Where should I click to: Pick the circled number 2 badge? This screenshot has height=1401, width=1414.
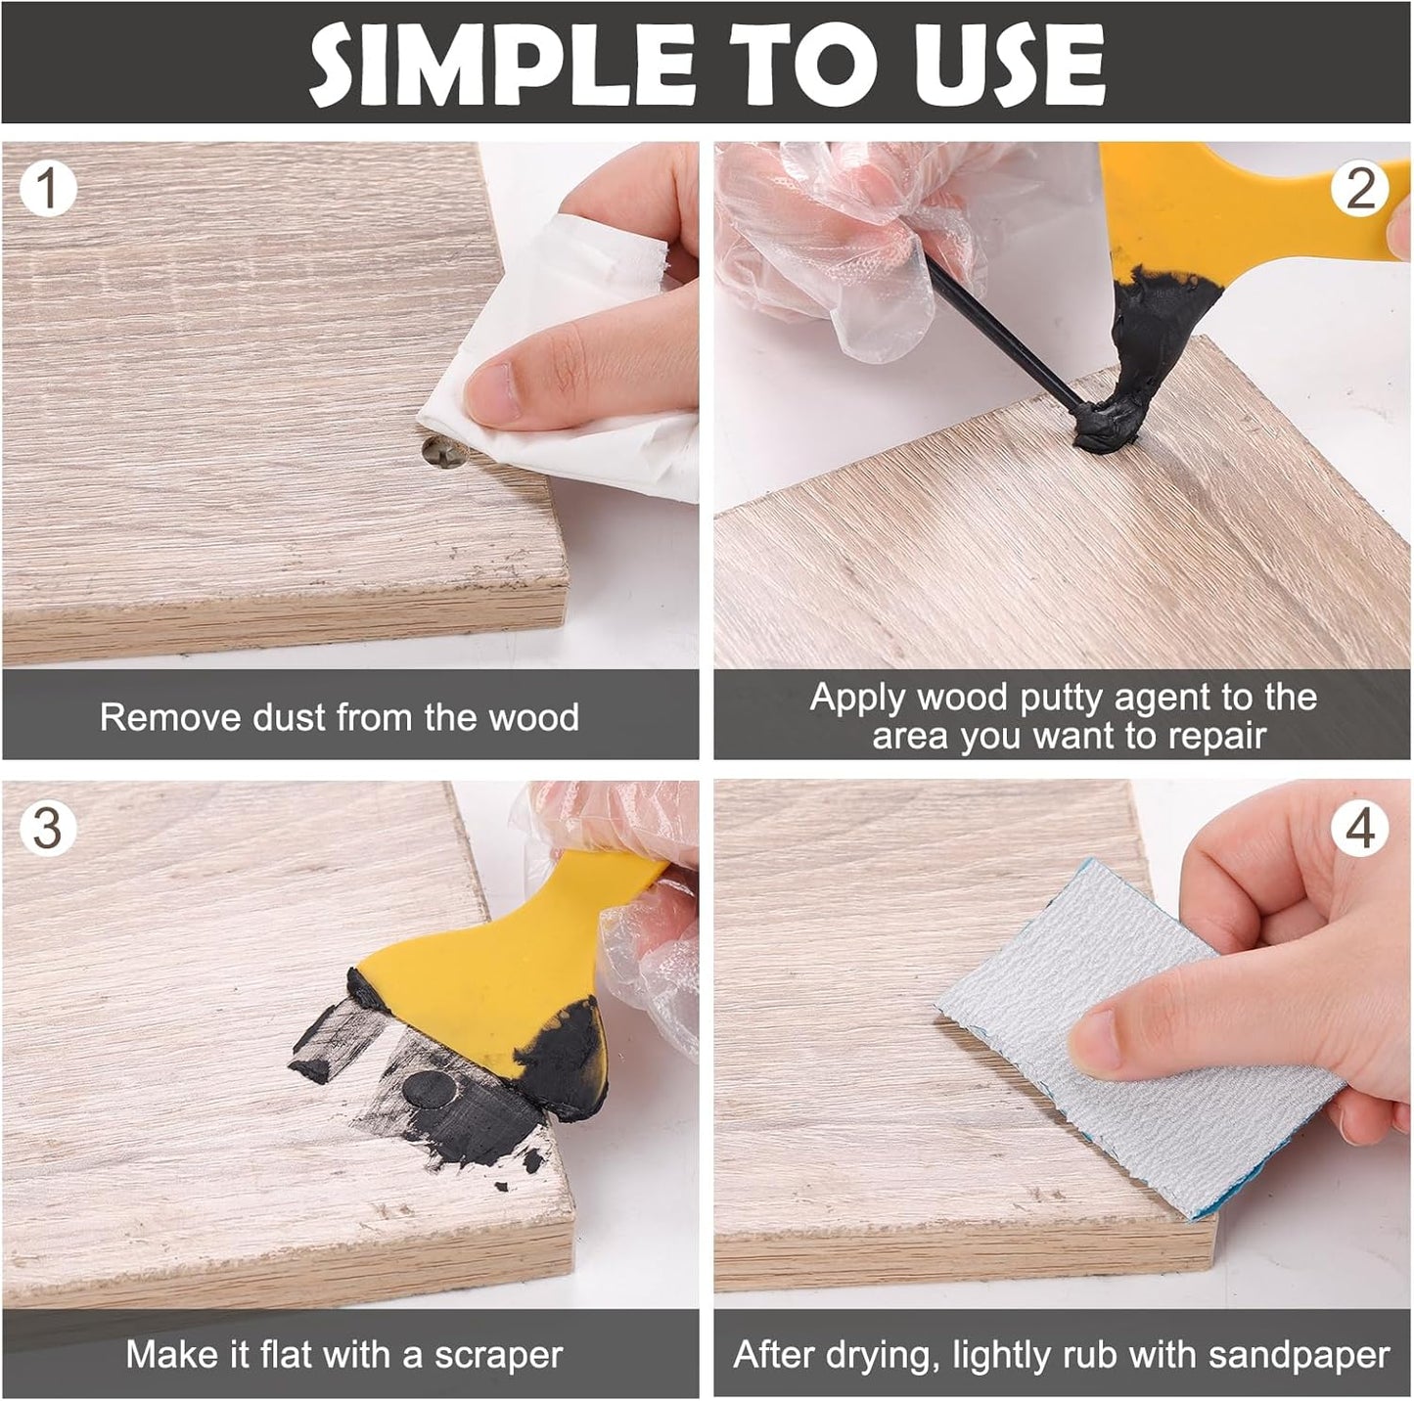(1360, 189)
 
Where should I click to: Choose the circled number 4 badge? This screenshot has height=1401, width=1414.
(1360, 829)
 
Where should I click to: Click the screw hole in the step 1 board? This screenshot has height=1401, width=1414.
(437, 452)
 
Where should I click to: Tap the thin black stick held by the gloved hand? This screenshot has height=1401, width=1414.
(998, 323)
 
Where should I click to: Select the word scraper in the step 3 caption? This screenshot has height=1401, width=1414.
(498, 1355)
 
